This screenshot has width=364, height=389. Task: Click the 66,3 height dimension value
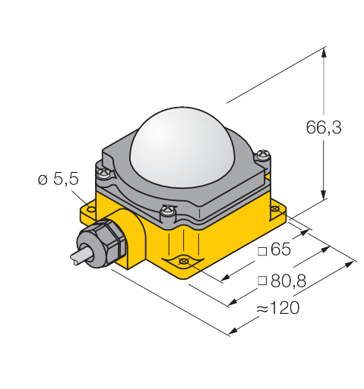[324, 127]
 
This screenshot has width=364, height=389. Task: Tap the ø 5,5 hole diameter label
[59, 179]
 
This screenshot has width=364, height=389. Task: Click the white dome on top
[182, 147]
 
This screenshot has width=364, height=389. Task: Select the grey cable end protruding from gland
[81, 256]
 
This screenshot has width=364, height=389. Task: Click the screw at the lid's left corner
[104, 173]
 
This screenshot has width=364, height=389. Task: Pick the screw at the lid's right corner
[263, 155]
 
